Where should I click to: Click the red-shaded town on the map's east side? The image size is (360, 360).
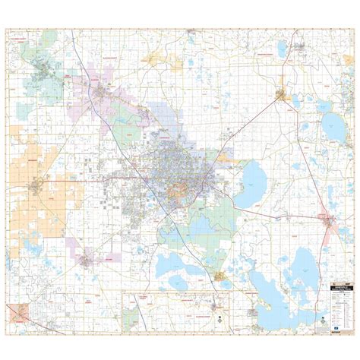(x=327, y=221)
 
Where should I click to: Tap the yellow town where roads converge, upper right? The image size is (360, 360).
(x=283, y=96)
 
